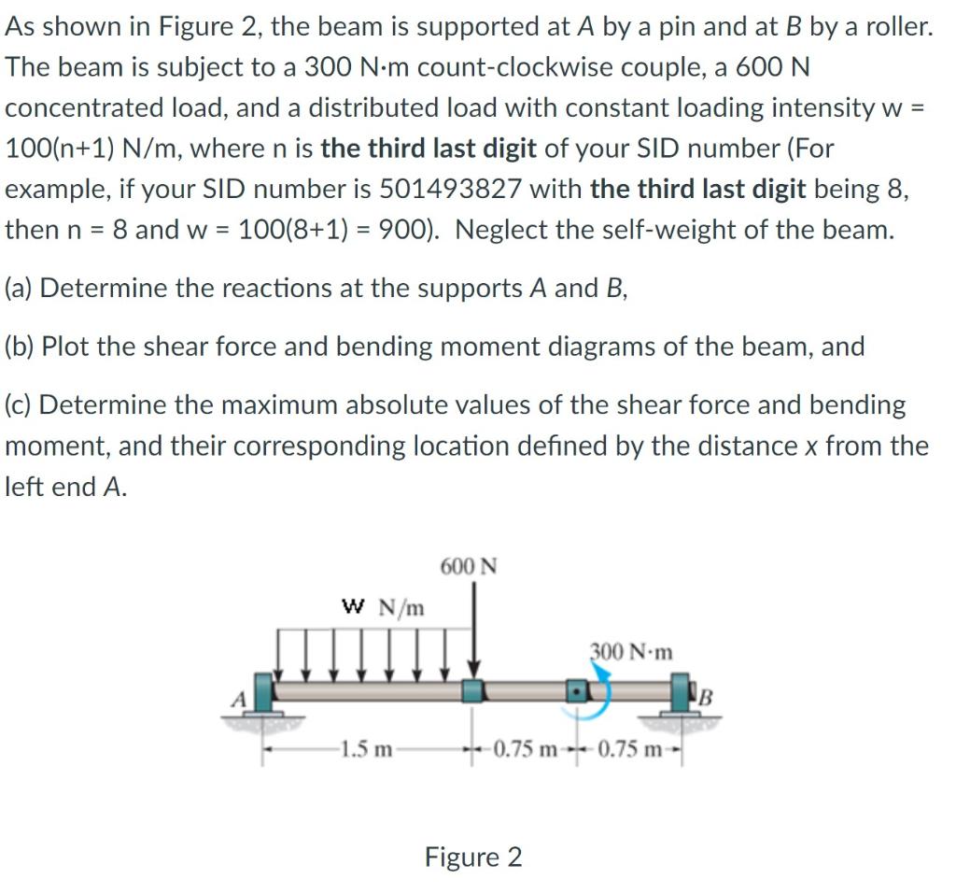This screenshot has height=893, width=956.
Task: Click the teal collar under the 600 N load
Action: (475, 691)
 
